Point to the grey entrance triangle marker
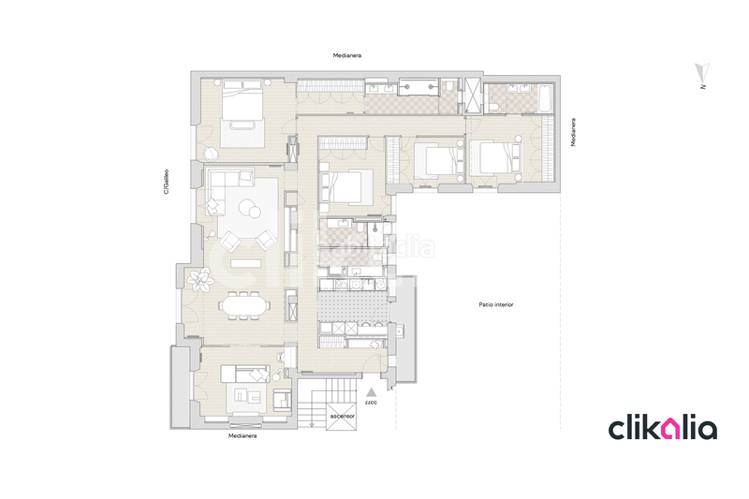click(372, 391)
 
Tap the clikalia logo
click(663, 429)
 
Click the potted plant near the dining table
click(199, 278)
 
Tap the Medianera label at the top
click(346, 56)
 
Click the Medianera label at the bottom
click(242, 436)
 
